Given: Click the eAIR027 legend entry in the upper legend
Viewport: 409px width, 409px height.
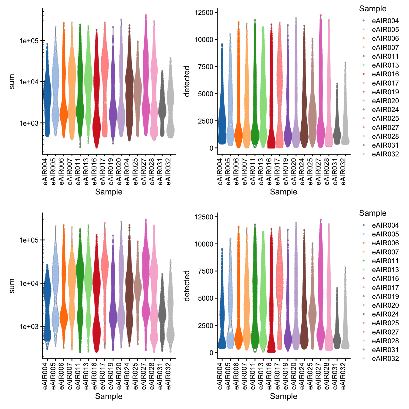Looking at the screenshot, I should (385, 128).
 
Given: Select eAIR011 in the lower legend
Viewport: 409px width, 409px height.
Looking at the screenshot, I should (385, 261).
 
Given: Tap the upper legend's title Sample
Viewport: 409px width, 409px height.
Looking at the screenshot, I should (372, 9).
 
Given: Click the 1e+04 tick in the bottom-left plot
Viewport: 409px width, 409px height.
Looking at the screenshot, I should (29, 283).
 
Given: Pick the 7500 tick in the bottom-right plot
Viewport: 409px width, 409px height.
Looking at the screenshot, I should (206, 271).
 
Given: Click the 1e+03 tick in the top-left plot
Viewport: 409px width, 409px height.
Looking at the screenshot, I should (29, 123).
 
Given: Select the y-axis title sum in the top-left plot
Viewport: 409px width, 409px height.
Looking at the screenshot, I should (12, 82).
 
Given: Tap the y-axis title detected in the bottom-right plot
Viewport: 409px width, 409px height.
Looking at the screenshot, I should (187, 286).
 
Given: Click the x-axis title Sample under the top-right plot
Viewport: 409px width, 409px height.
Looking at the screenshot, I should (283, 192).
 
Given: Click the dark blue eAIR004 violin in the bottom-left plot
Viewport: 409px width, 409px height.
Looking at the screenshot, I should (47, 304).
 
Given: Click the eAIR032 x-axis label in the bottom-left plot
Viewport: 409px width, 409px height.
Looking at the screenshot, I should (169, 376).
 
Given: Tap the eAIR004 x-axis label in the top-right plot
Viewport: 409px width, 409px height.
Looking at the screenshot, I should (220, 172).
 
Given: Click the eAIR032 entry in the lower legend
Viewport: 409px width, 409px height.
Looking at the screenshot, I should (385, 358).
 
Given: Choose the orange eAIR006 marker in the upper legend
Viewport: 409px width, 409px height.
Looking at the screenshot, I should (364, 39).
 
